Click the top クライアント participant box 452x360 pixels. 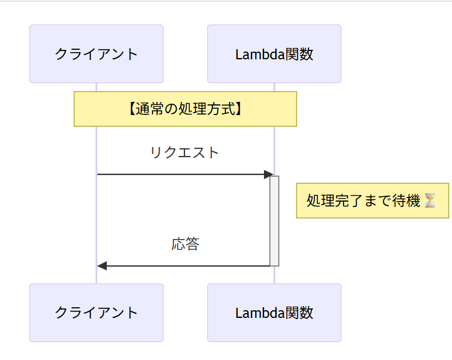click(96, 54)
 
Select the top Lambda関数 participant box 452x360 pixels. click(274, 54)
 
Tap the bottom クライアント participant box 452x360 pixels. click(96, 313)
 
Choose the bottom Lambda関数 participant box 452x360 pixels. click(274, 313)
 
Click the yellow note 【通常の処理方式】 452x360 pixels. click(185, 109)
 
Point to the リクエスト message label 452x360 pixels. click(185, 153)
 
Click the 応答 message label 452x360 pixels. click(185, 244)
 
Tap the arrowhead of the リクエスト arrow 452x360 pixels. click(268, 174)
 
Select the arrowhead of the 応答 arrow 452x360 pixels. click(102, 266)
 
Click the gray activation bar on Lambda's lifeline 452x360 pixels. click(274, 221)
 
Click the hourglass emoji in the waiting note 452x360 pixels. click(430, 201)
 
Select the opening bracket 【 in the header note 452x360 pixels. click(132, 109)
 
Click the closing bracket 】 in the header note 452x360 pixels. click(238, 109)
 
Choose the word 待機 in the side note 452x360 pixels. click(408, 201)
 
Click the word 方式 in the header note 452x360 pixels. click(219, 109)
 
